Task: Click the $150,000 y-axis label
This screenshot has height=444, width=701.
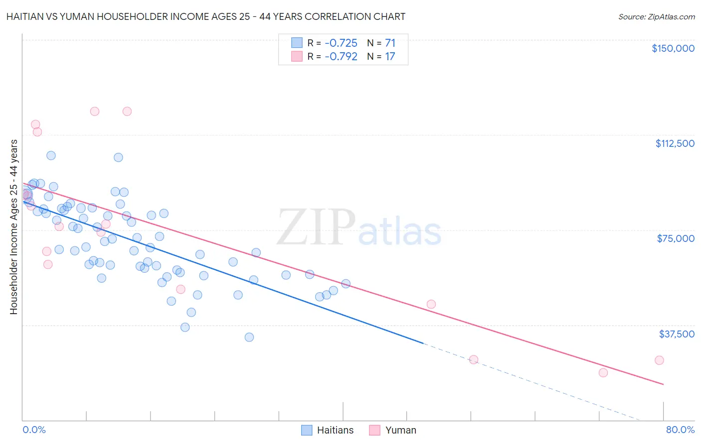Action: pos(673,48)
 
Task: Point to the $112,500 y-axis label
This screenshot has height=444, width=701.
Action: pos(675,143)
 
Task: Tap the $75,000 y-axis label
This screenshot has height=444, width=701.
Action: pos(676,238)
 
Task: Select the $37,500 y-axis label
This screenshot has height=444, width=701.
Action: pos(677,334)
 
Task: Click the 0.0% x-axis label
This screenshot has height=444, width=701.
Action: pos(34,430)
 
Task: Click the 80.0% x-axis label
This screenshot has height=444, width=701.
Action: pos(680,430)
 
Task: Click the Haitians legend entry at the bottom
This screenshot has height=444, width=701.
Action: pos(335,430)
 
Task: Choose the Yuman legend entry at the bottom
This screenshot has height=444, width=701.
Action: pos(400,430)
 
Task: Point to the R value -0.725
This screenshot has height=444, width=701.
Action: pos(341,43)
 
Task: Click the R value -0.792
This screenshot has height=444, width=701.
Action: pos(341,56)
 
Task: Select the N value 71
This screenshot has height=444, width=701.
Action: pos(390,43)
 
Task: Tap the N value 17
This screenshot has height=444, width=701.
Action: pos(390,56)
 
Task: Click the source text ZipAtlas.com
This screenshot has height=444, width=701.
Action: pos(671,17)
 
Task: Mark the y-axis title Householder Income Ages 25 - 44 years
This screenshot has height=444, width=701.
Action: pos(14,227)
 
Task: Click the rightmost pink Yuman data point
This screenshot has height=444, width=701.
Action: pos(659,360)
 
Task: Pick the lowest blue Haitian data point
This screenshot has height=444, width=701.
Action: pos(249,337)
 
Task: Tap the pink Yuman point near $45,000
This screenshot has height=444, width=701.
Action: pos(431,304)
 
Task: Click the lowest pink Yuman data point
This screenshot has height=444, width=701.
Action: pos(603,373)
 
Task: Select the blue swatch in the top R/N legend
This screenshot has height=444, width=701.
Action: pos(297,43)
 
